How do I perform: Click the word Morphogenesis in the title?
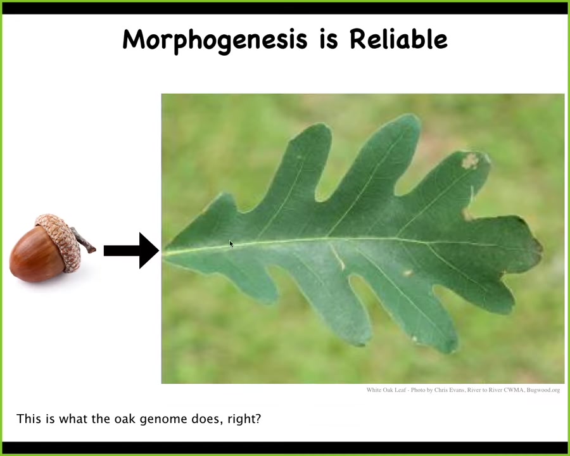pos(215,41)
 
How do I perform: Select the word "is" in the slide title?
pos(329,39)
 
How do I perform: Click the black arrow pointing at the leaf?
pos(132,251)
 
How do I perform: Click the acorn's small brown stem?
pos(84,241)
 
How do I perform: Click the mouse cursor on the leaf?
pos(231,244)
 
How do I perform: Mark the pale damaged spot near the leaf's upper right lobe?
pos(470,161)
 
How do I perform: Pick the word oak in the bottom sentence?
pos(125,419)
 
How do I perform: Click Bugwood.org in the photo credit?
pos(543,390)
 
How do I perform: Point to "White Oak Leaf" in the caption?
pos(386,390)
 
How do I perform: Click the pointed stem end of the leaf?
pos(164,252)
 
